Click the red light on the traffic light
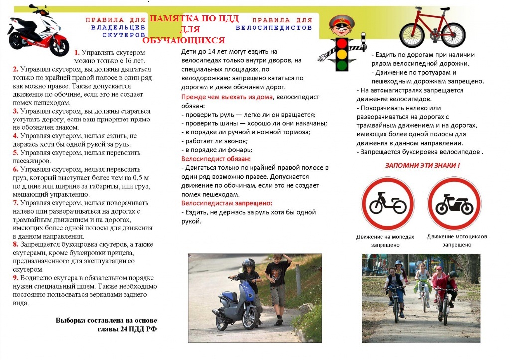point(342,44)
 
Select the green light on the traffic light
point(342,65)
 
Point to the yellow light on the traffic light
point(342,54)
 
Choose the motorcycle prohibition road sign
point(454,203)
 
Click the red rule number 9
point(15,278)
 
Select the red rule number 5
point(15,152)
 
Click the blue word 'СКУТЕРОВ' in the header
point(124,36)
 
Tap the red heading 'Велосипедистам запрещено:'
point(227,203)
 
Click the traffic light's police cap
point(341,22)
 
